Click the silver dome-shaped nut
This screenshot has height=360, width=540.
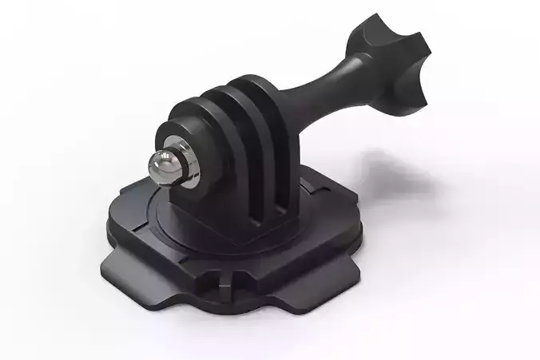click(x=165, y=164)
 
